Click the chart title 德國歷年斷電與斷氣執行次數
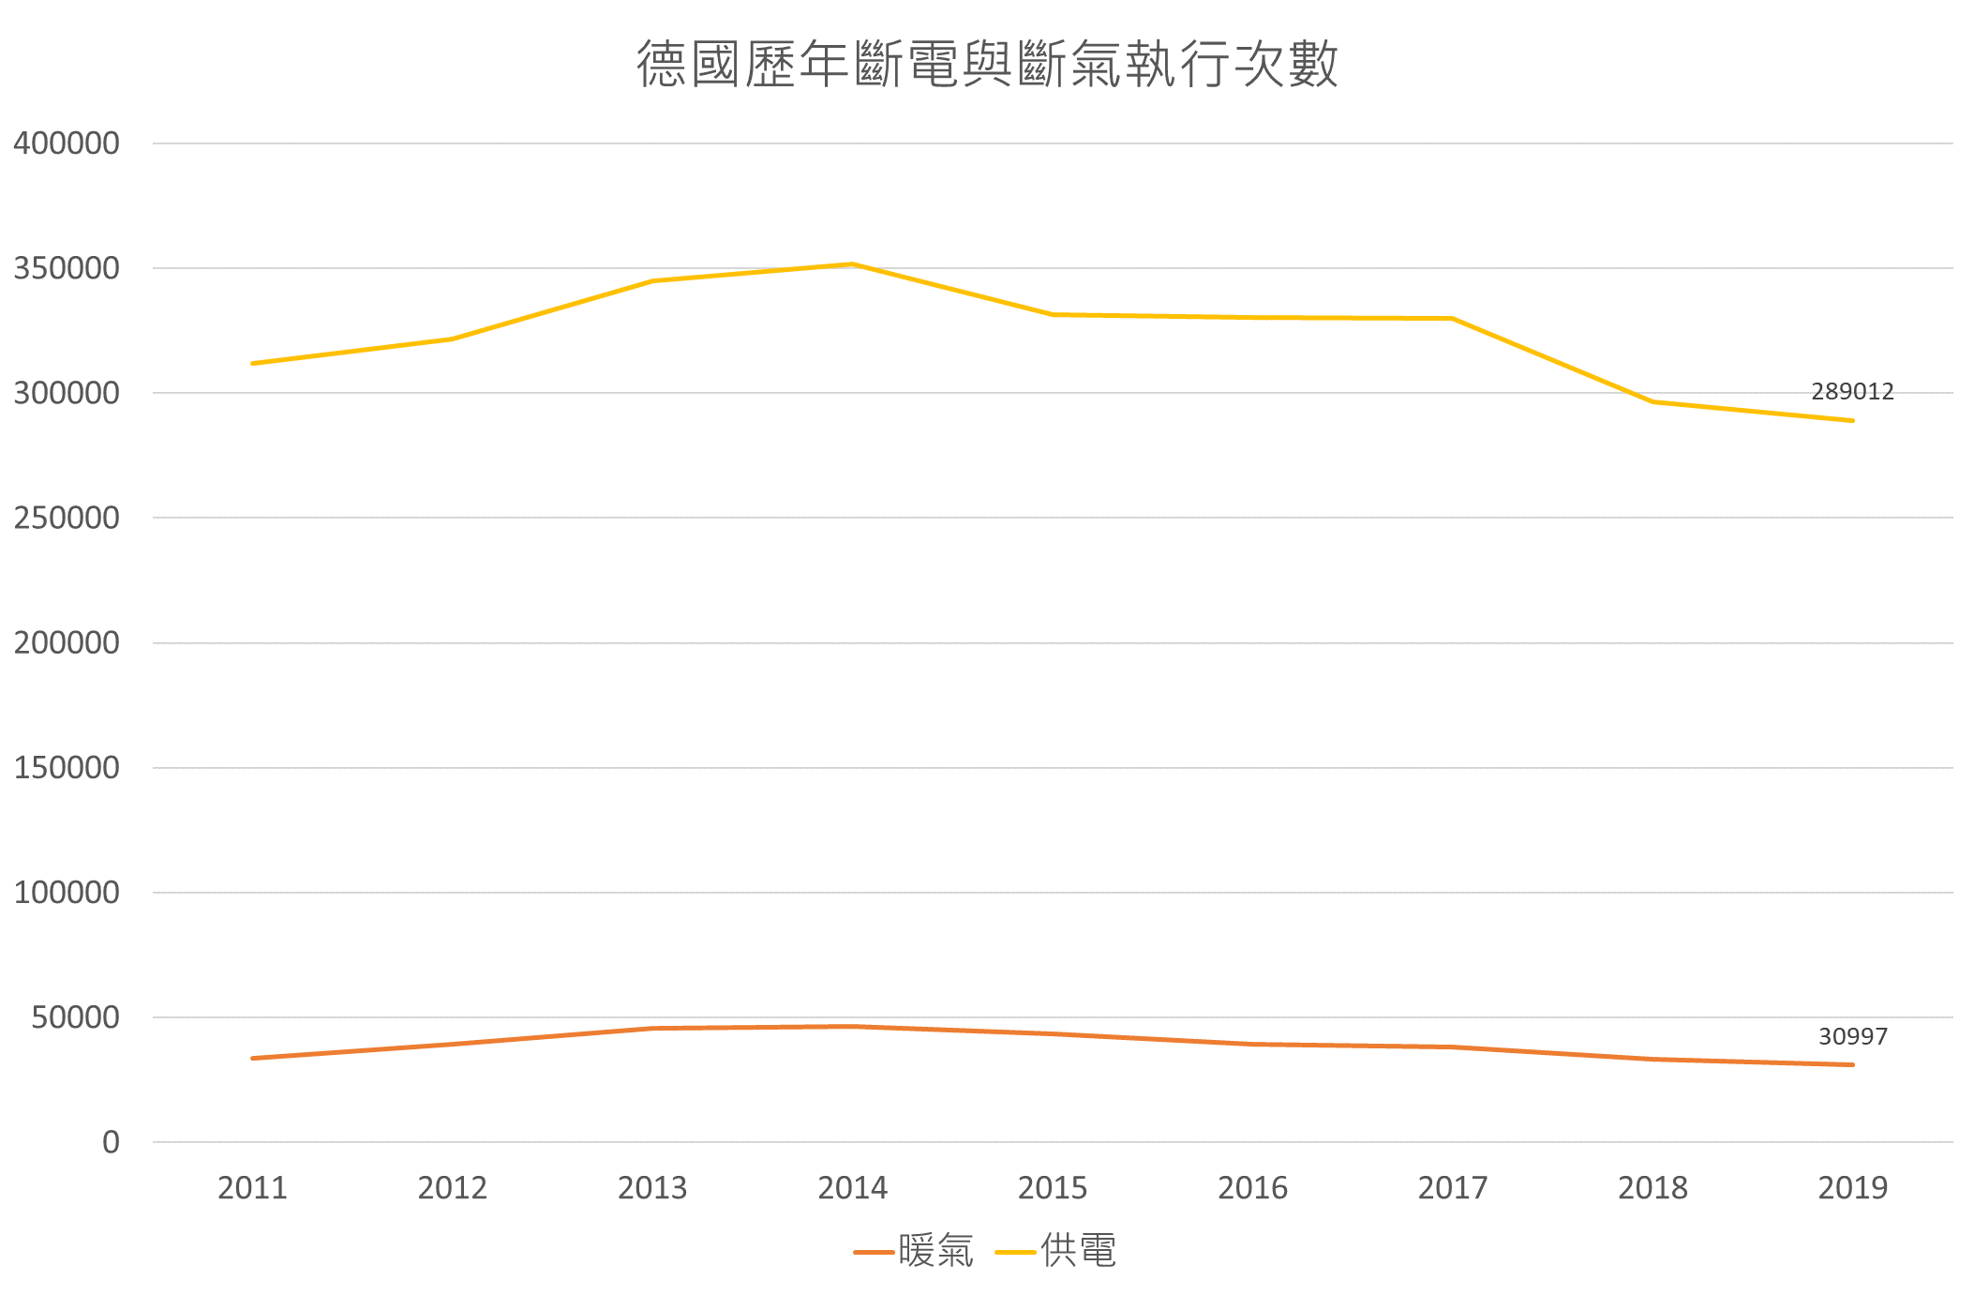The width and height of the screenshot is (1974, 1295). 987,64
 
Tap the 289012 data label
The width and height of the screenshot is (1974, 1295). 1852,391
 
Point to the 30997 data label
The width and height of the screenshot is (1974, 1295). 1852,1036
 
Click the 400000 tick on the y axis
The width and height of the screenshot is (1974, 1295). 67,143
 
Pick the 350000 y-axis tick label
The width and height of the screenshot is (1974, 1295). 67,268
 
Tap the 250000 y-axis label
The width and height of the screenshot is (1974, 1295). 67,518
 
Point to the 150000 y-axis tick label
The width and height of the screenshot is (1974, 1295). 67,767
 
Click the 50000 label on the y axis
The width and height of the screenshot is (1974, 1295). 75,1017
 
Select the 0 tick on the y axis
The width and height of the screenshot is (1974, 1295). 111,1142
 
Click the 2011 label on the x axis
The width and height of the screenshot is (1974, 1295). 252,1188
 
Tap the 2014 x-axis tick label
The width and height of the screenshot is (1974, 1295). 852,1188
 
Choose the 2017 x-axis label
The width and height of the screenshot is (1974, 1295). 1452,1188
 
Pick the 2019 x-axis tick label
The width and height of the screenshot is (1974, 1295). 1852,1188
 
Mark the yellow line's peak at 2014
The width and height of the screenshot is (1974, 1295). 852,264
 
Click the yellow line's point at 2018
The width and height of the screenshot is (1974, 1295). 1652,402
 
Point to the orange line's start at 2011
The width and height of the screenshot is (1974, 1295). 253,1058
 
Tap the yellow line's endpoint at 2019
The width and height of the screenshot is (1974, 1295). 1852,420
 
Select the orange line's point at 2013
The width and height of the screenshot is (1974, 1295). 652,1028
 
